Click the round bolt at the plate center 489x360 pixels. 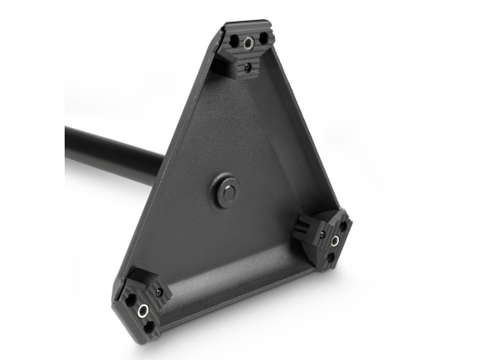pyautogui.click(x=226, y=190)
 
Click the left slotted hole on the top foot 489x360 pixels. pyautogui.click(x=233, y=38)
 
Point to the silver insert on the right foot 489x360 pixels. pyautogui.click(x=336, y=241)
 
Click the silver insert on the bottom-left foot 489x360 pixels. pyautogui.click(x=143, y=311)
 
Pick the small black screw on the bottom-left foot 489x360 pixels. pyautogui.click(x=156, y=291)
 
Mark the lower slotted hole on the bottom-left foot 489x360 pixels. pyautogui.click(x=149, y=328)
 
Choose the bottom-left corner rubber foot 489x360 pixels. pyautogui.click(x=143, y=303)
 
